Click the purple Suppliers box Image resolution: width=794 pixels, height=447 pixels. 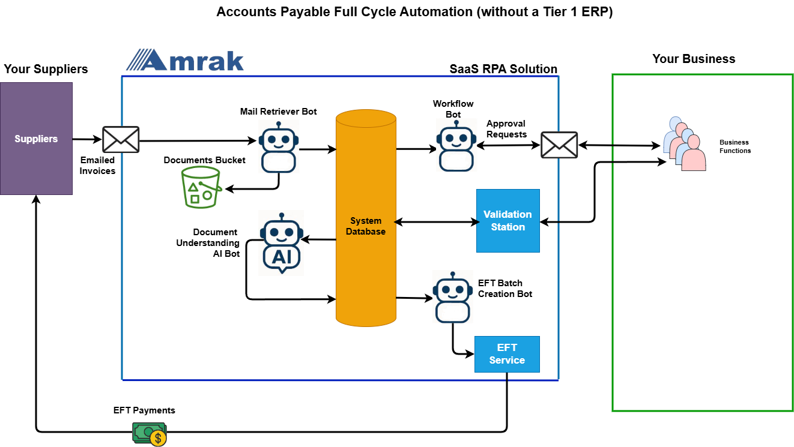36,139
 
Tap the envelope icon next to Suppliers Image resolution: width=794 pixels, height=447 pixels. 121,139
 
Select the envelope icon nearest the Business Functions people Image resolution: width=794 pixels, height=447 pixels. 559,145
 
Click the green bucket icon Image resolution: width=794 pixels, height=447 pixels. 202,187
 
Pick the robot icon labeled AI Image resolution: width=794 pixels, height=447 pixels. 281,243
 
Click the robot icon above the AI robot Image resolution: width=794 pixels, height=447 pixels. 279,146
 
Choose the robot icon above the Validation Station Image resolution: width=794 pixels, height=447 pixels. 456,145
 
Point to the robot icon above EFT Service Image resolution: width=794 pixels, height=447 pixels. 453,296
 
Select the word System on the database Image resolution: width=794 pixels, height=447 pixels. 366,221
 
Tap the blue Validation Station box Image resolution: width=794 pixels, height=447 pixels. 508,221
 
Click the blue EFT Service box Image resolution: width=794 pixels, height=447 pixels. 507,354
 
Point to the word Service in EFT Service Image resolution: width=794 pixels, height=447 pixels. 507,360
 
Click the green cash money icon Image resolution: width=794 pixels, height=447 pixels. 149,434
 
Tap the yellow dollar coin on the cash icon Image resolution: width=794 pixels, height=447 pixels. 158,438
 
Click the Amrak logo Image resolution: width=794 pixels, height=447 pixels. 185,60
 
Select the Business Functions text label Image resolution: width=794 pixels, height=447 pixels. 735,146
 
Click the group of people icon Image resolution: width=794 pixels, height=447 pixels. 685,144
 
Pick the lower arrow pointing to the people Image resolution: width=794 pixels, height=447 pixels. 638,161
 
